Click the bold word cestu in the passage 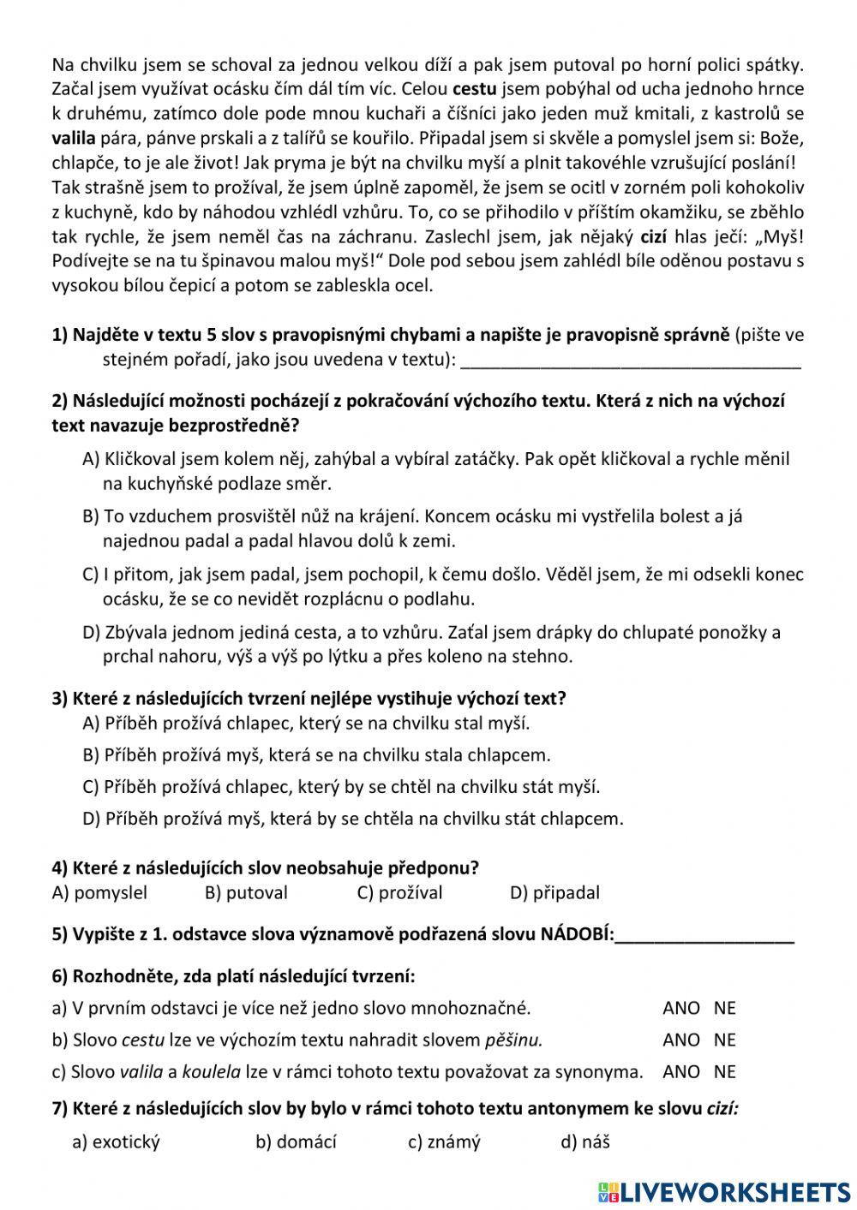point(475,89)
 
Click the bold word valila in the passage point(74,138)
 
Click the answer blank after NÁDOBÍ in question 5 point(704,935)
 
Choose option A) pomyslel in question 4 point(99,893)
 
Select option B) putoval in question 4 point(246,893)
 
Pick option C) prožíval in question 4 point(399,893)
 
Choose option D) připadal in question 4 point(554,893)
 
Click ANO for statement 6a point(681,1009)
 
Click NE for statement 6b point(725,1040)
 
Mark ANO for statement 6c point(681,1072)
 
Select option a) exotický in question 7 point(117,1142)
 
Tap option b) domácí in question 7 point(296,1142)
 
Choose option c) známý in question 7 point(444,1142)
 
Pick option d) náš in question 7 point(585,1142)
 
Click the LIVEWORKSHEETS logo point(724,1192)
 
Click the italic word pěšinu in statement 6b point(513,1040)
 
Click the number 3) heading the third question point(60,699)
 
